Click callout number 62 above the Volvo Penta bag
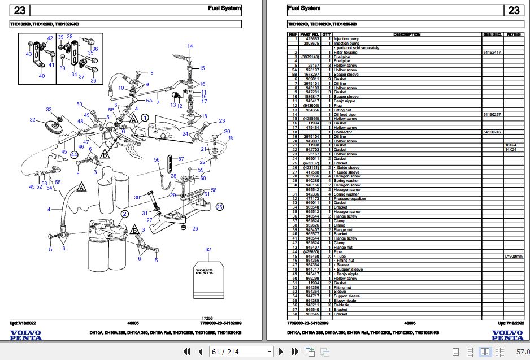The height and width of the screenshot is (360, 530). point(208,249)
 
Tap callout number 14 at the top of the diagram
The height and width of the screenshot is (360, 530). point(190,46)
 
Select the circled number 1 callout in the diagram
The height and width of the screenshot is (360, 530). point(145,118)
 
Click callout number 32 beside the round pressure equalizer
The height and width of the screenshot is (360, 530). point(32,120)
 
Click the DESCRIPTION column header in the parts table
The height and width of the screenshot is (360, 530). point(407,34)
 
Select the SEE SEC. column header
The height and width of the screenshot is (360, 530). point(492,34)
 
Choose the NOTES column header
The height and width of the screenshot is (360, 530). point(513,34)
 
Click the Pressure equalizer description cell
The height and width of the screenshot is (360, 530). point(350,199)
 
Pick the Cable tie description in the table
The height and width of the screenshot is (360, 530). point(343,305)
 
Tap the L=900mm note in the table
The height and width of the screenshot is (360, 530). point(513,256)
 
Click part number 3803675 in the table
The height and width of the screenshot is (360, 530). point(311,44)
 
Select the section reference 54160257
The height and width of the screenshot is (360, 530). point(492,114)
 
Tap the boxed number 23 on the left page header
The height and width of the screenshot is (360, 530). point(20,10)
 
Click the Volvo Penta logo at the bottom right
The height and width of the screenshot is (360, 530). point(507,335)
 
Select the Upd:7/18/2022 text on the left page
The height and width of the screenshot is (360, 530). point(21,323)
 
